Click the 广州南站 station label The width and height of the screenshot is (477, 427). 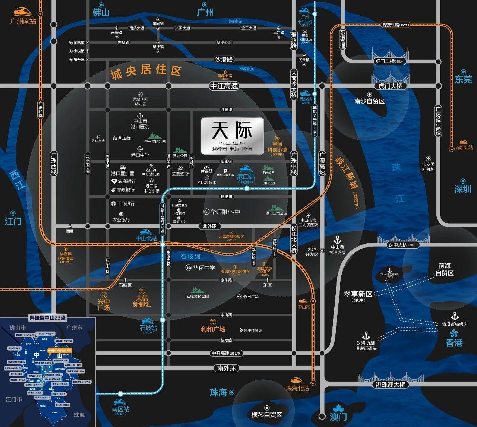(x=23, y=21)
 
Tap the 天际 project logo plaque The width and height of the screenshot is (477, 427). (x=232, y=136)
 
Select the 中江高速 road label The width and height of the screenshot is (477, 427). (x=224, y=86)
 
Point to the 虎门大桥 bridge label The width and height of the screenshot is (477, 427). (x=390, y=86)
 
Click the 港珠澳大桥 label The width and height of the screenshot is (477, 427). (x=390, y=385)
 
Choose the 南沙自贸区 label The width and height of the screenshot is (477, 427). (x=369, y=101)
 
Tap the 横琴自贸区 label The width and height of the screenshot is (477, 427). (x=266, y=415)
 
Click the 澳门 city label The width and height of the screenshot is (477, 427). (x=338, y=417)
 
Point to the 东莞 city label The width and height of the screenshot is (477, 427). (x=463, y=79)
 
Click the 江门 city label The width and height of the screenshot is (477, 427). (x=13, y=221)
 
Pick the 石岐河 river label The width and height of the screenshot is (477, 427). (x=190, y=256)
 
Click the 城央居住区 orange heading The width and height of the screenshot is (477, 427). (x=146, y=71)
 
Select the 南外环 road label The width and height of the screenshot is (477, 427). (x=226, y=368)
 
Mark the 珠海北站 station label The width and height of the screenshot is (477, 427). (x=297, y=388)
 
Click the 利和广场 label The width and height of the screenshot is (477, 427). (x=213, y=329)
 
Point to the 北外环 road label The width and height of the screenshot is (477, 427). (x=209, y=226)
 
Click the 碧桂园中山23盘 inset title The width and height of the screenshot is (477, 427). (x=48, y=318)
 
